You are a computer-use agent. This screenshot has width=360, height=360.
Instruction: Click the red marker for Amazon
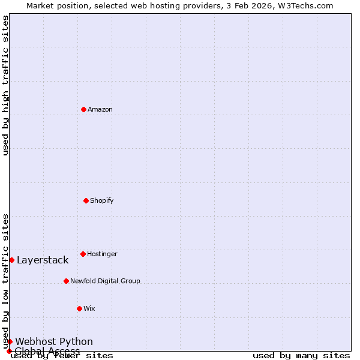(83, 109)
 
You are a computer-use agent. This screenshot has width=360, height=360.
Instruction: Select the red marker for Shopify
(86, 200)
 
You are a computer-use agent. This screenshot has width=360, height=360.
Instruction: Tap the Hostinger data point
(83, 254)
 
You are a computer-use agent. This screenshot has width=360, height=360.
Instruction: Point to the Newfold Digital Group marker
(66, 281)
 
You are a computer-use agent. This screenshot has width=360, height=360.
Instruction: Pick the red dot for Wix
(79, 308)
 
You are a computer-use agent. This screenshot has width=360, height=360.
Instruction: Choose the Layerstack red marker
(11, 260)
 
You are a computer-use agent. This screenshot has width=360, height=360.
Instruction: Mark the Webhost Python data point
(10, 341)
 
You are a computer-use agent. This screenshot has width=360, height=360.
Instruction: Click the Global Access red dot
(9, 351)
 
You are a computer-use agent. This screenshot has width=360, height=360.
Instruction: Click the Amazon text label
(100, 109)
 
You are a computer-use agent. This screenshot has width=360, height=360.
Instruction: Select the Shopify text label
(102, 200)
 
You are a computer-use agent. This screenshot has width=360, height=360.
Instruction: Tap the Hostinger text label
(102, 254)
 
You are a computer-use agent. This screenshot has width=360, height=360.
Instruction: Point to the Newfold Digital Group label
(105, 281)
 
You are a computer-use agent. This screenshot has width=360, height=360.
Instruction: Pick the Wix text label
(89, 308)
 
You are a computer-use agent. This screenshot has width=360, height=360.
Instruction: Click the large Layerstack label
(43, 260)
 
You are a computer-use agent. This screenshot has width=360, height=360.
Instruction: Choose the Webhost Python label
(54, 342)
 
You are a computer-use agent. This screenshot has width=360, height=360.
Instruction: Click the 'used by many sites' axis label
(301, 356)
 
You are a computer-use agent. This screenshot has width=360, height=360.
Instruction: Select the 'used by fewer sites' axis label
(62, 356)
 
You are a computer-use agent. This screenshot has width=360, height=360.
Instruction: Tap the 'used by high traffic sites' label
(5, 85)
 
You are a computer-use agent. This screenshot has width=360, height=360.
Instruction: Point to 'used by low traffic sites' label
(5, 281)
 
